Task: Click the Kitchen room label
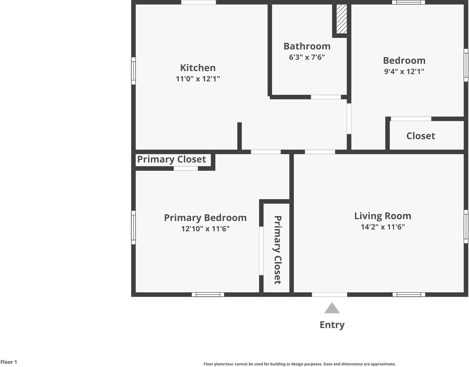point(198,68)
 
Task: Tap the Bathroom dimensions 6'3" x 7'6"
point(307,57)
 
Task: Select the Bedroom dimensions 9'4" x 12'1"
point(404,71)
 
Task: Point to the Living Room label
point(383,216)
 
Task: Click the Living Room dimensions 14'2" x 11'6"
point(383,227)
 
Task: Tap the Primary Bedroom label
point(205,218)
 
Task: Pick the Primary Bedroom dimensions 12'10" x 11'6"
point(205,229)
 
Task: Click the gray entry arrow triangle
point(332,308)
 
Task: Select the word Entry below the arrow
point(332,325)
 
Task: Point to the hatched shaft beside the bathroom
point(342,19)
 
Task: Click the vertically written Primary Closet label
point(278,250)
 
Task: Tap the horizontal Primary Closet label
point(171,159)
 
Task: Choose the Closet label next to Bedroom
point(421,136)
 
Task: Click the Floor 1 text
point(9,362)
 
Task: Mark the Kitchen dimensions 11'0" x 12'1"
point(198,79)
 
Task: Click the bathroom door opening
point(326,97)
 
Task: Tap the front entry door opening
point(329,294)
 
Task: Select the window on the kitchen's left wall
point(133,71)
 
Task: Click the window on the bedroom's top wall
point(408,2)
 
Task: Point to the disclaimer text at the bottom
point(300,364)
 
